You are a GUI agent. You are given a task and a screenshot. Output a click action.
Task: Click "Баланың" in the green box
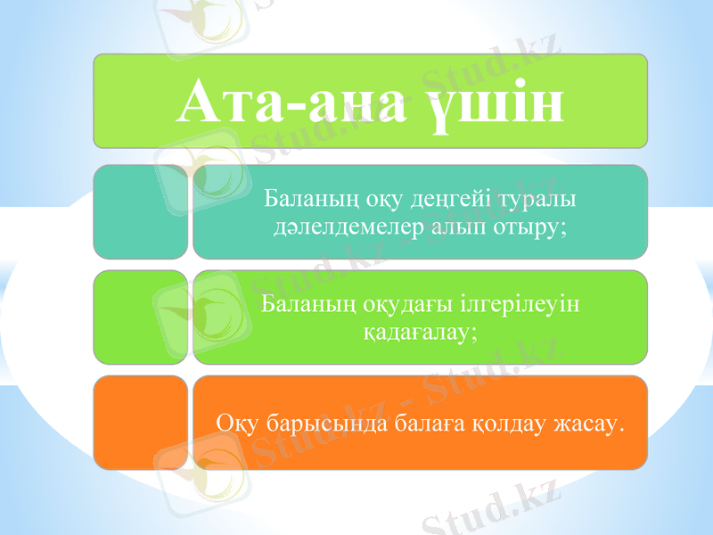tap(299, 303)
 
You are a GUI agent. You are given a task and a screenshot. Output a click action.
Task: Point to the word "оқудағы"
tap(395, 303)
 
